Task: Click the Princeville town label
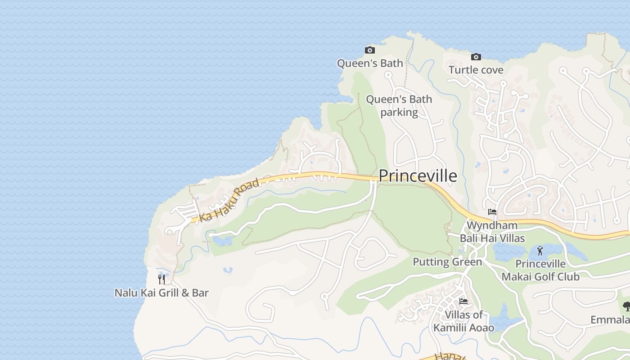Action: (x=418, y=176)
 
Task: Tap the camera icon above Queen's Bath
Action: (x=369, y=50)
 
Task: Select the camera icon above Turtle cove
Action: (x=476, y=57)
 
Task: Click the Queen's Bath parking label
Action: (x=399, y=106)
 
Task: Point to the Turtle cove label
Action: (x=476, y=70)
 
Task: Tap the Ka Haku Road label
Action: (x=229, y=200)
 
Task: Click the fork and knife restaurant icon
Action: (x=162, y=279)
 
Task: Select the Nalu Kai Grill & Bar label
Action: (x=162, y=293)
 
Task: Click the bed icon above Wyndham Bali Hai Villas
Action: (x=492, y=212)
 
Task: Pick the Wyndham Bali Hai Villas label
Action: (x=492, y=232)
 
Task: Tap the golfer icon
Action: (x=540, y=251)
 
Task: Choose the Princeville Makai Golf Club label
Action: (x=540, y=270)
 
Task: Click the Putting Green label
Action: (x=447, y=262)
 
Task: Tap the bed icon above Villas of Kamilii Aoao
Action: (x=463, y=301)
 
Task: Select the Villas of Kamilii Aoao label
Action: (x=463, y=321)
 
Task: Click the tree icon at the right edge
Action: (x=626, y=307)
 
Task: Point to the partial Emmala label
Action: (x=610, y=320)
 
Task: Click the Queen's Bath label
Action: (x=370, y=63)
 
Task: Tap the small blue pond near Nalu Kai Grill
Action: (x=228, y=270)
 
